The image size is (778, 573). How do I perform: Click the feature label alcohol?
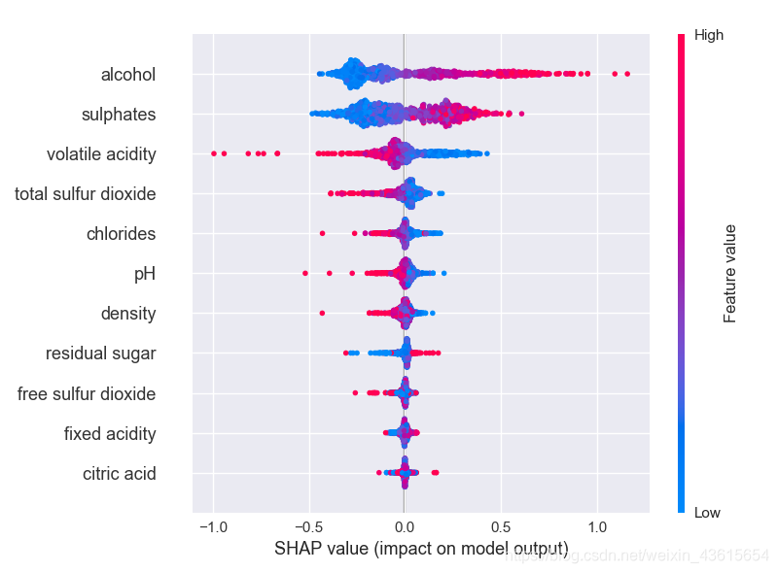[x=127, y=75]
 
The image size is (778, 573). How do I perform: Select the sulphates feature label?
[x=119, y=115]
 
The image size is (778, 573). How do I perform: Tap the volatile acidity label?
[x=101, y=154]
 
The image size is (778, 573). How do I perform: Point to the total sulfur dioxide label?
[x=86, y=194]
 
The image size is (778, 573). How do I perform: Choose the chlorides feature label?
[x=121, y=234]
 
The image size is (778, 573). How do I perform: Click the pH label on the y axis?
[x=144, y=274]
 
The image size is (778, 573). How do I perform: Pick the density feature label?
[x=128, y=314]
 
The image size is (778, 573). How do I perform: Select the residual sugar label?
[x=100, y=354]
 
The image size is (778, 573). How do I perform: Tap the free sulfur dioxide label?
[x=87, y=394]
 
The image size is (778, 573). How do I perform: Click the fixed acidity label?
[x=110, y=433]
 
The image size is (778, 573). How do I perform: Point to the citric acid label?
[x=120, y=474]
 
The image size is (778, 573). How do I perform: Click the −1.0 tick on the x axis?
[x=212, y=526]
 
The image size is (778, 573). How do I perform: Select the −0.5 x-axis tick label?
[x=308, y=526]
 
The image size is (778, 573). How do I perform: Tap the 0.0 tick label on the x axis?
[x=405, y=526]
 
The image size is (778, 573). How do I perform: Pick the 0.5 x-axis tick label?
[x=501, y=526]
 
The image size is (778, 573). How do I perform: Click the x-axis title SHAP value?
[x=421, y=549]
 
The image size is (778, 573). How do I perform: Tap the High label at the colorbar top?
[x=708, y=36]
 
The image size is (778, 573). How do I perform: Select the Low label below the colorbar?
[x=707, y=513]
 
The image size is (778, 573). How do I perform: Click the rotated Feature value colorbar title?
[x=729, y=274]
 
